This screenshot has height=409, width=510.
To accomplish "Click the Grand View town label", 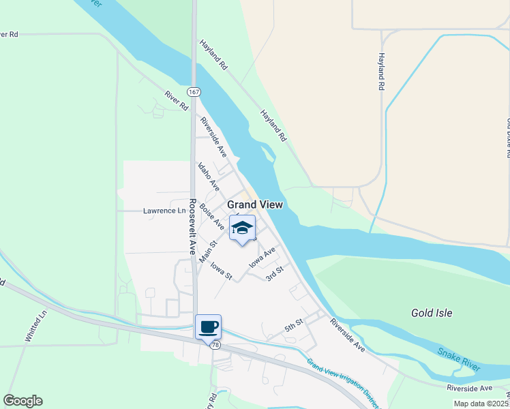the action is (x=254, y=204).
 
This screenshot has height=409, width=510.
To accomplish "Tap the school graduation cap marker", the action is (x=241, y=228).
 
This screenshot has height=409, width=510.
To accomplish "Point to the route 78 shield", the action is (x=215, y=346).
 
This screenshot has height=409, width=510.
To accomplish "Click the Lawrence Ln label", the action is (x=164, y=211).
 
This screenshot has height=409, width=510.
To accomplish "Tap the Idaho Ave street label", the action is (x=208, y=176).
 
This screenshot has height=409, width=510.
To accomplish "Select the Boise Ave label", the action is (x=212, y=215).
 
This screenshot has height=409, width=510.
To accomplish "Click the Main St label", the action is (x=208, y=252).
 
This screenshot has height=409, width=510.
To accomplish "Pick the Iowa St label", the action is (x=222, y=271).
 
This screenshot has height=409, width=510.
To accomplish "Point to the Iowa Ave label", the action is (x=262, y=256).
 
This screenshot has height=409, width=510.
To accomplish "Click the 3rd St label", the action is (x=274, y=274).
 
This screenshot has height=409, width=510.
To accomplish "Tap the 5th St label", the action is (x=293, y=327).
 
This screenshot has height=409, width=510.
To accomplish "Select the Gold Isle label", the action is (x=432, y=313).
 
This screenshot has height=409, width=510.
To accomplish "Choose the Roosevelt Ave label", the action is (x=193, y=224).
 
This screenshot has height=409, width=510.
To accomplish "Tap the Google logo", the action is (x=22, y=401).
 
